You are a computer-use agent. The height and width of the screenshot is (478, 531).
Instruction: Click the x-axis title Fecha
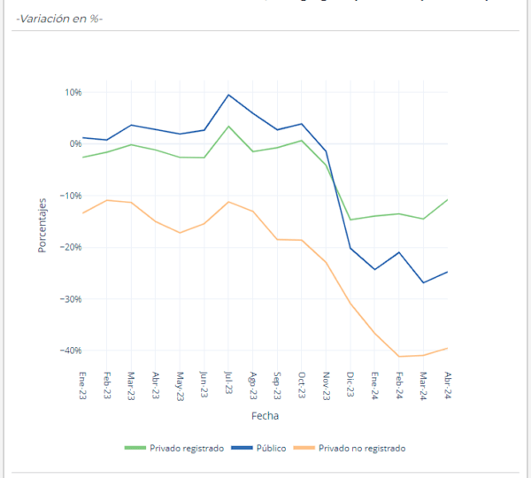point(265,414)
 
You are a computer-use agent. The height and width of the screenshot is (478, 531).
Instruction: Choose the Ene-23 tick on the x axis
point(83,385)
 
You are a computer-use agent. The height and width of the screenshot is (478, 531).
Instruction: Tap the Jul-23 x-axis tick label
point(229,385)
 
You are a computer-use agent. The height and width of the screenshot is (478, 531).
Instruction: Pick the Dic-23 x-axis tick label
point(351,385)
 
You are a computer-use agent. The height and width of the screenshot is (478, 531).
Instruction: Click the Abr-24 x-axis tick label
point(449,385)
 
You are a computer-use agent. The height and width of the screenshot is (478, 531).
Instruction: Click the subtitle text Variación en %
point(58,18)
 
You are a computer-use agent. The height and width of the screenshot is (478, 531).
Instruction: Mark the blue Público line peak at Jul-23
point(229,95)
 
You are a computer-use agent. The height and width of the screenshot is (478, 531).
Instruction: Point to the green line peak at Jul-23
point(229,126)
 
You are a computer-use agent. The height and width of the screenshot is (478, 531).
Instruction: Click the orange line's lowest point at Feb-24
point(400,357)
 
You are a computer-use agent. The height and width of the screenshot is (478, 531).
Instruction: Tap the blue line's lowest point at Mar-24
point(424,282)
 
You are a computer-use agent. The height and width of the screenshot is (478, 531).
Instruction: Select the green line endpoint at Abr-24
point(448,199)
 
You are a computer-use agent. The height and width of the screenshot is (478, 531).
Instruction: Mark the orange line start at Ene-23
point(82,212)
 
